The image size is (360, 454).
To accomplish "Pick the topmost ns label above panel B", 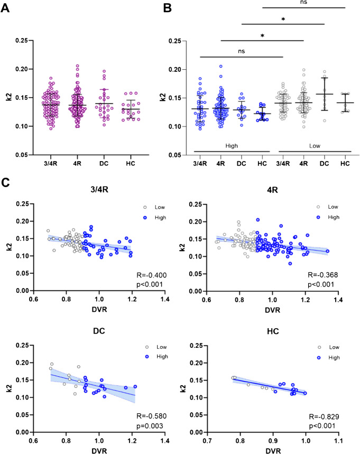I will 304,3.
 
